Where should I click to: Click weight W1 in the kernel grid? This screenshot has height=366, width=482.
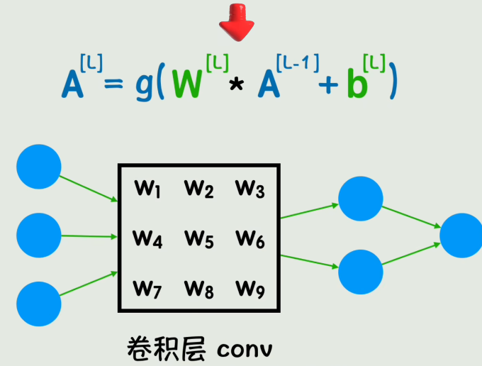[147, 189]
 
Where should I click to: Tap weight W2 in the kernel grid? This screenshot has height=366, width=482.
[199, 189]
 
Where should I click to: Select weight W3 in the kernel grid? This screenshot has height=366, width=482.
[250, 189]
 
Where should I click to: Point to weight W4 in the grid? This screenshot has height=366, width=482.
[147, 239]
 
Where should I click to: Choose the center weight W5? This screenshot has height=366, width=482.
[199, 239]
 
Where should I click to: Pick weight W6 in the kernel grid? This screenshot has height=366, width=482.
[250, 239]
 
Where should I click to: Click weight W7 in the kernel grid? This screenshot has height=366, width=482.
[147, 289]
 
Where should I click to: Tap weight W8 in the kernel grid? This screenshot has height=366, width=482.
[199, 289]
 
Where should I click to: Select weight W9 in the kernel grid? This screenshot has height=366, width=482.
[250, 289]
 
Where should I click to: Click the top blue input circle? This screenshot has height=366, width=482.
[39, 167]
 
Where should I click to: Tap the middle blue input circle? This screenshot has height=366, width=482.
[39, 235]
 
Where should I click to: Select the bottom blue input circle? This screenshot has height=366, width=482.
[39, 304]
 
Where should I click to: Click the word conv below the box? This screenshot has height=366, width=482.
[245, 350]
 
